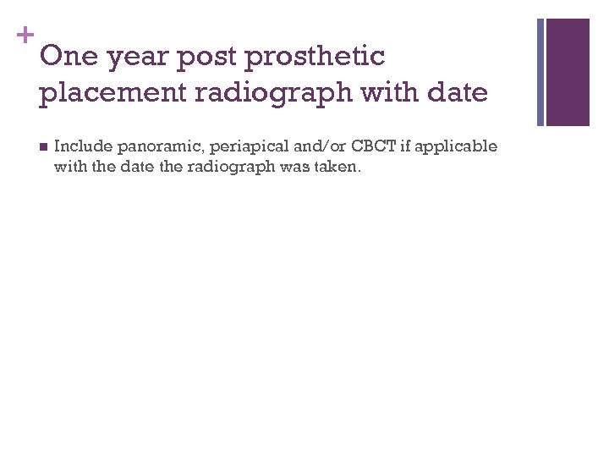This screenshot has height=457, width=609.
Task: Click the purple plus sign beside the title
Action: tap(25, 36)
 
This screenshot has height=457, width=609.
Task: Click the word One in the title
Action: tap(68, 57)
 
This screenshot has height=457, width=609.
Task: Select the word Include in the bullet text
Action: tap(80, 146)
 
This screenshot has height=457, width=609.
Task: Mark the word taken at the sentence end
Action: tap(339, 167)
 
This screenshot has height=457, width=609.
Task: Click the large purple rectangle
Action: tap(568, 71)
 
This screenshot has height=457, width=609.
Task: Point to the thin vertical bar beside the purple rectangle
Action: tap(540, 71)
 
